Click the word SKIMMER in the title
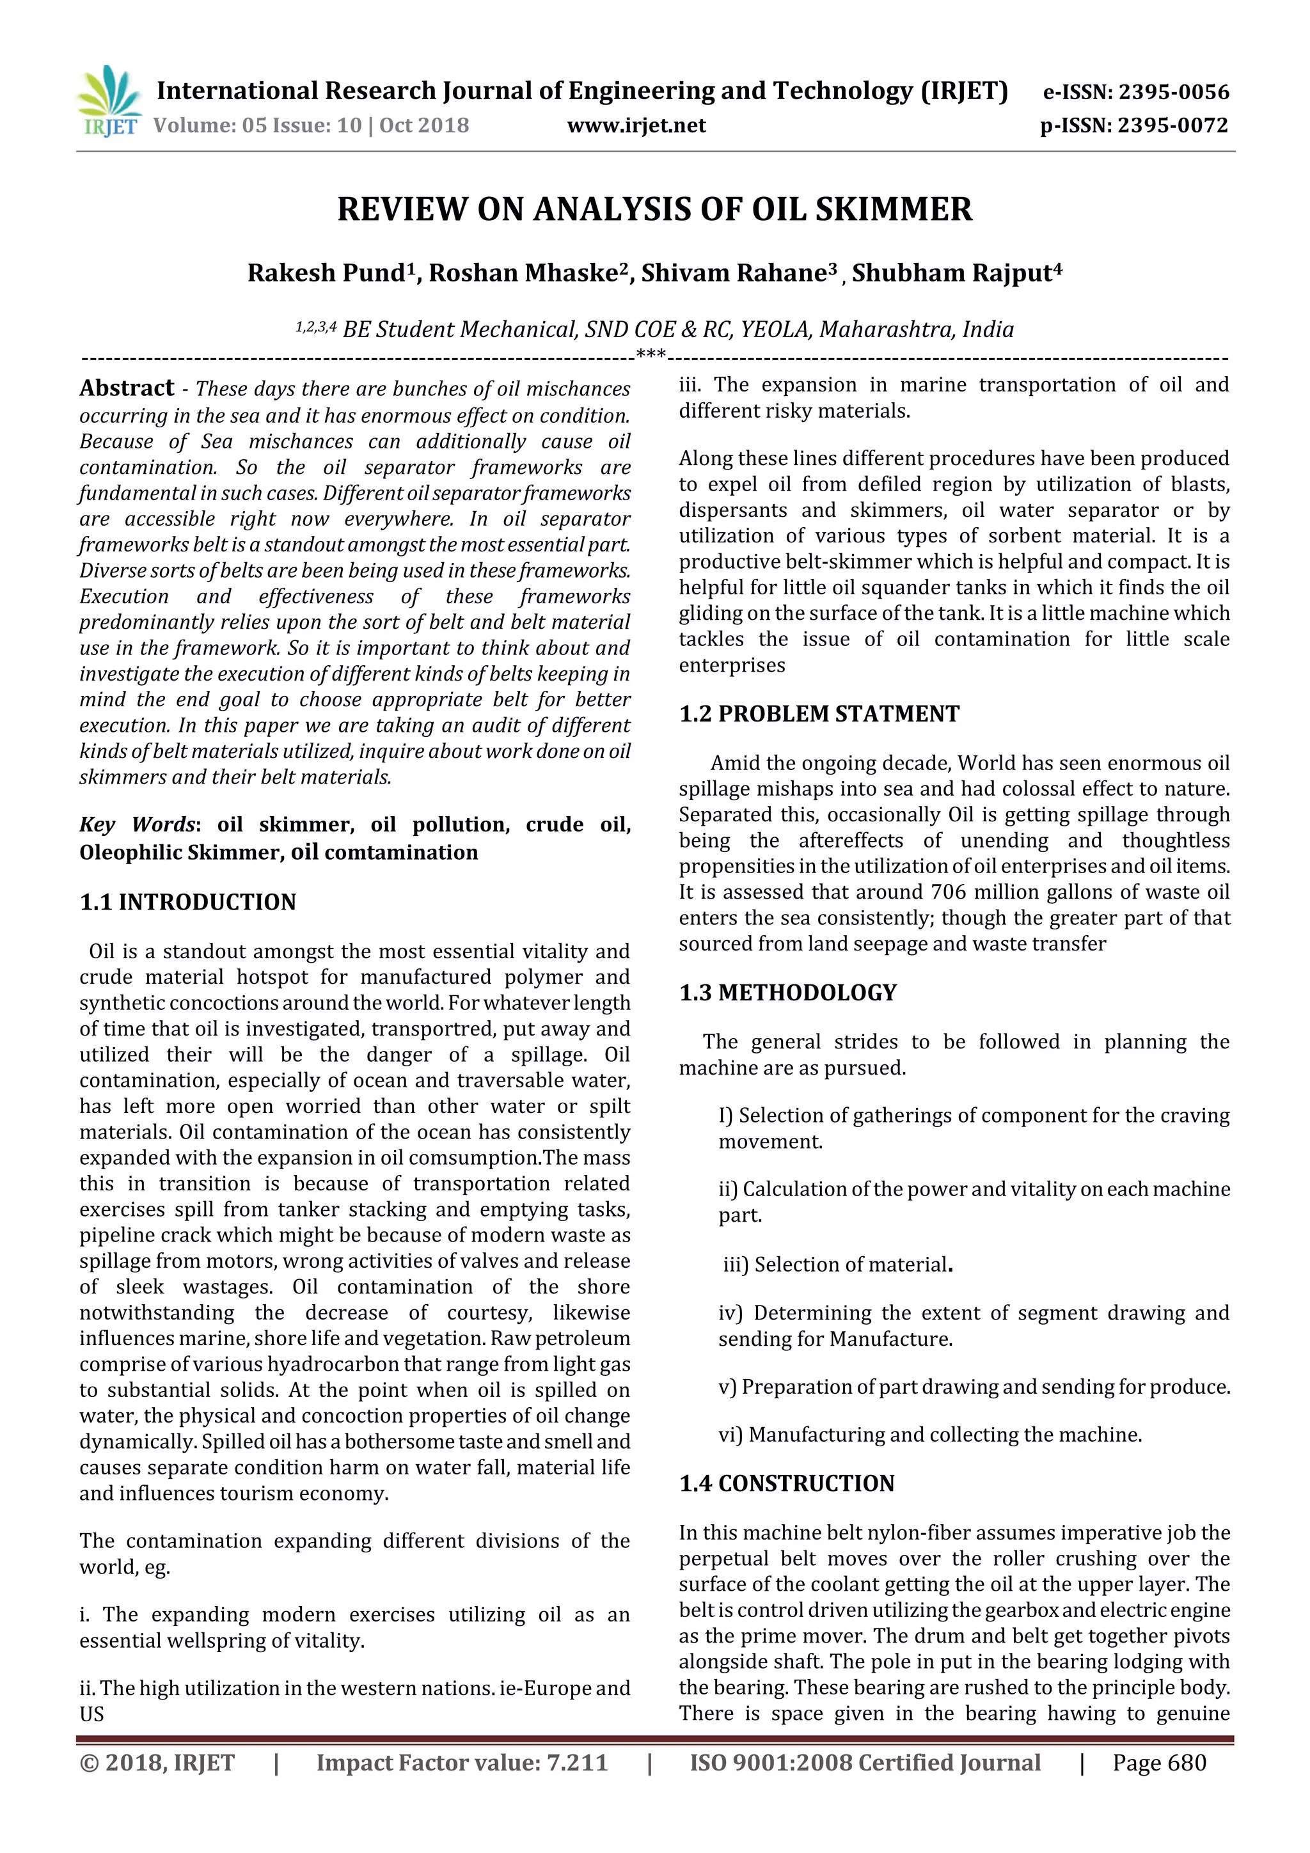(x=894, y=209)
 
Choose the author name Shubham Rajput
(x=956, y=272)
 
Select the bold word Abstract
(x=127, y=388)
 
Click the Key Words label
(x=138, y=824)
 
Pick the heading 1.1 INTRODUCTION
(x=187, y=901)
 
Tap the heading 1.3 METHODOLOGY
(x=788, y=992)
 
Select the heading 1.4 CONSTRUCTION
(x=787, y=1483)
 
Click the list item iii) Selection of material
(x=837, y=1265)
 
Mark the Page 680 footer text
(x=1159, y=1763)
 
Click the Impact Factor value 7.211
(x=462, y=1763)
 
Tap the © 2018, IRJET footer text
(x=157, y=1763)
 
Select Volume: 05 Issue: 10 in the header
(x=258, y=125)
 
